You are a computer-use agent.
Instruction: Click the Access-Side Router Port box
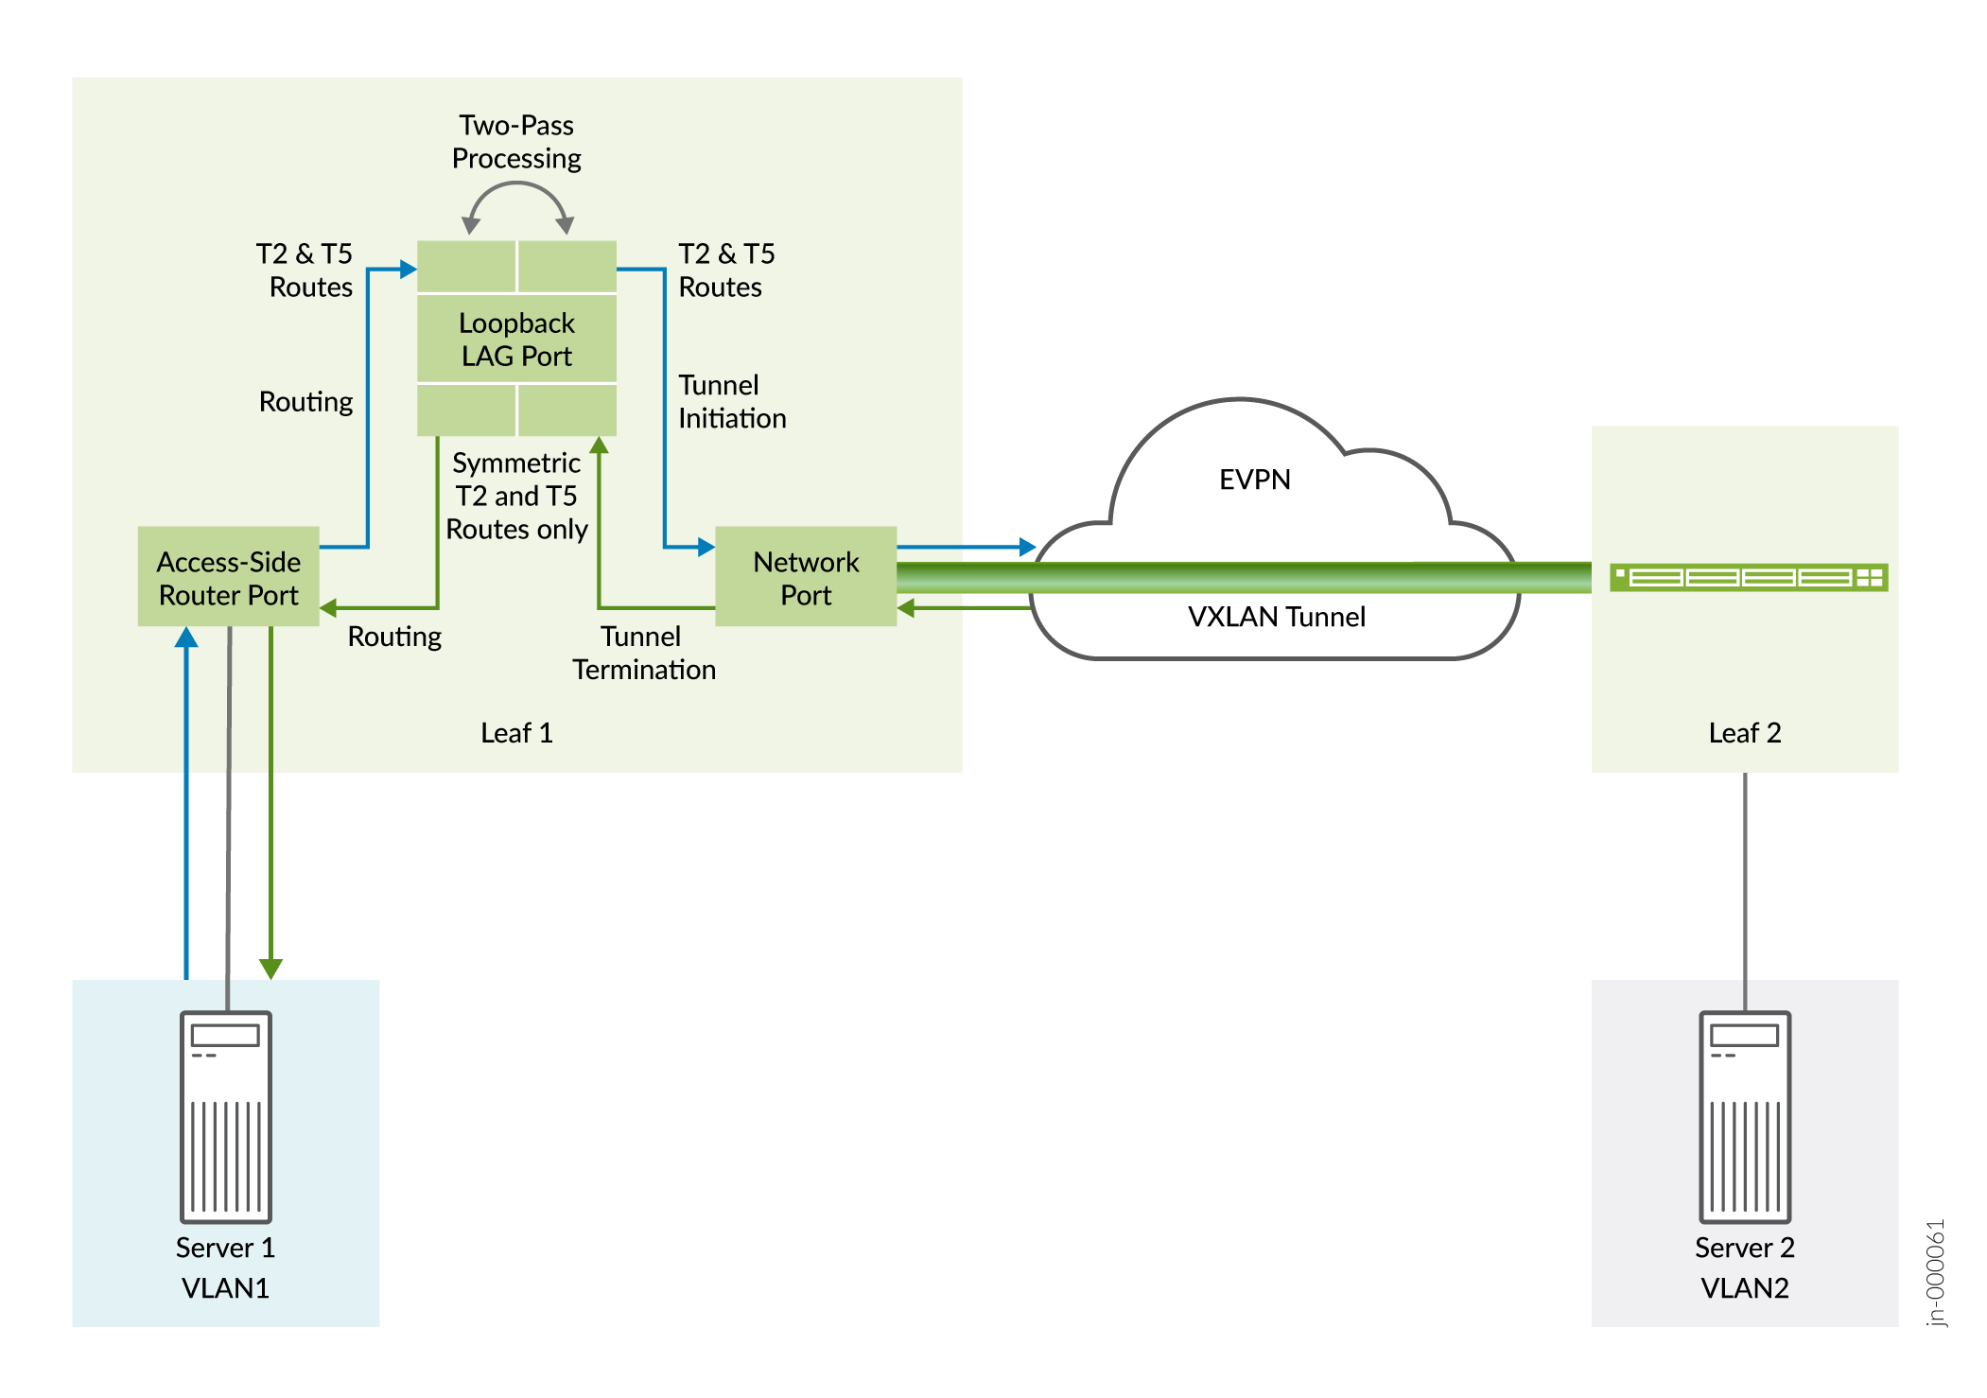[228, 576]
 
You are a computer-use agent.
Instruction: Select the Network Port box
[805, 576]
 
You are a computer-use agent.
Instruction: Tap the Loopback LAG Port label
[516, 340]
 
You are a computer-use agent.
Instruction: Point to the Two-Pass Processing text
[516, 142]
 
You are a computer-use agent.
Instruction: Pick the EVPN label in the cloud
[1254, 480]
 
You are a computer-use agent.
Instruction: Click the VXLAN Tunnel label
[1276, 617]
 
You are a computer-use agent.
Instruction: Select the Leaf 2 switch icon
[1749, 577]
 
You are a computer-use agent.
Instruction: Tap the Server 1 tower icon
[226, 1116]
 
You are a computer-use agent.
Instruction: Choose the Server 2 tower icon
[1745, 1116]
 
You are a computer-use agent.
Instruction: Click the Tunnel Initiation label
[731, 402]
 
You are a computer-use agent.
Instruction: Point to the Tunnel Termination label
[643, 653]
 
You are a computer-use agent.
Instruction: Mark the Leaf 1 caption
[516, 733]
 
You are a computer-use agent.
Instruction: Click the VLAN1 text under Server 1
[225, 1288]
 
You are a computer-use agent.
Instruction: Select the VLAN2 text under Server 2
[1745, 1288]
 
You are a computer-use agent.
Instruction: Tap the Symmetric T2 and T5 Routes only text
[516, 496]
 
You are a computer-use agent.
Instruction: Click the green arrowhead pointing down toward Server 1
[270, 968]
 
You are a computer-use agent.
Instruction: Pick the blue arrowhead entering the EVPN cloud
[1028, 547]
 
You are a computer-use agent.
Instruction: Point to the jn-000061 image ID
[1936, 1272]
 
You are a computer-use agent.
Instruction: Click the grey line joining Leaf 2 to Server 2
[1745, 889]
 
